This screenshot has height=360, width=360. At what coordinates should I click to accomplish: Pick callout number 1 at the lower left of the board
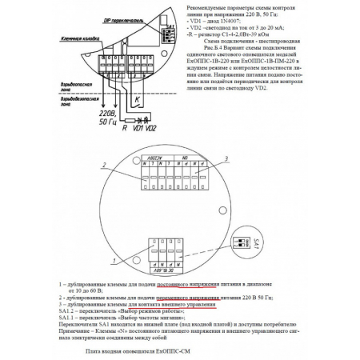117,261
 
